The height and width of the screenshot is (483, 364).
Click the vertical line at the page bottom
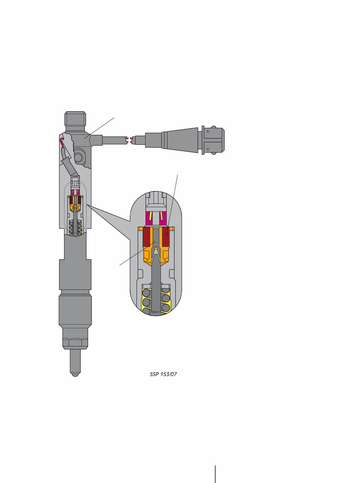215,474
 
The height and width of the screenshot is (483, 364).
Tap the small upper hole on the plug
208,132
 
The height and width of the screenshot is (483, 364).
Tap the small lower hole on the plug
208,149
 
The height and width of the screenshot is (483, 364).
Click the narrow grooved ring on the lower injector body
75,292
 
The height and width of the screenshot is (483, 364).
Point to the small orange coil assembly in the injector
75,203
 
